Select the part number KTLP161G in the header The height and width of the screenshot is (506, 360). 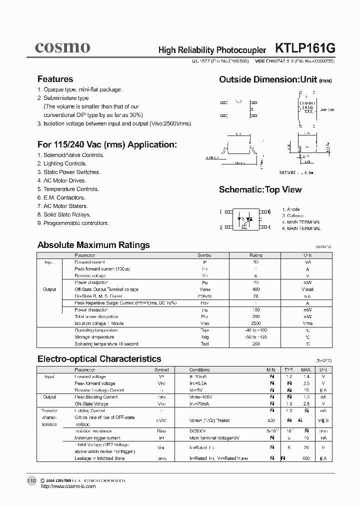pyautogui.click(x=305, y=48)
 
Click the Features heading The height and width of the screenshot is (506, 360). pyautogui.click(x=55, y=79)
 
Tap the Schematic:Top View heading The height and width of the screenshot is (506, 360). pyautogui.click(x=260, y=189)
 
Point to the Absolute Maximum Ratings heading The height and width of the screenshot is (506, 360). pyautogui.click(x=93, y=245)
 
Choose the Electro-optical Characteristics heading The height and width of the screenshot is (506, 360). pyautogui.click(x=99, y=358)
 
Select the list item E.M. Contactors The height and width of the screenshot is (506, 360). pyautogui.click(x=62, y=197)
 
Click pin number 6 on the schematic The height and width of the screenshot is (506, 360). pyautogui.click(x=268, y=211)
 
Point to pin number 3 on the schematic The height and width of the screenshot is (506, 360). pyautogui.click(x=220, y=227)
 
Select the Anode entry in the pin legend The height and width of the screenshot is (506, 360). pyautogui.click(x=290, y=209)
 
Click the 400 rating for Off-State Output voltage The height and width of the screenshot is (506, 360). pyautogui.click(x=256, y=289)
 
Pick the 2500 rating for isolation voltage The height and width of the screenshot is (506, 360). pyautogui.click(x=256, y=323)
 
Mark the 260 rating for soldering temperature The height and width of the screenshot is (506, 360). pyautogui.click(x=256, y=344)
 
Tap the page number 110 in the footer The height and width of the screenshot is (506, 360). pyautogui.click(x=31, y=480)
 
